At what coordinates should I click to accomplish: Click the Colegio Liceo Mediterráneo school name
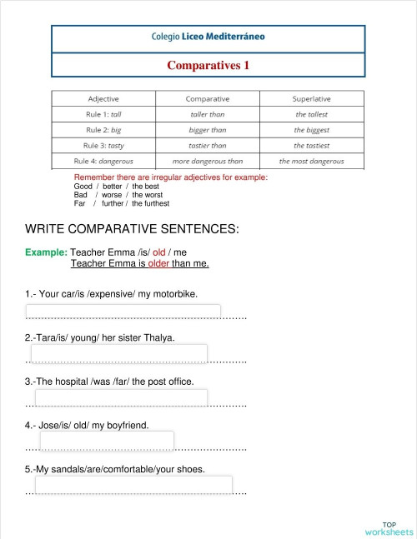208,37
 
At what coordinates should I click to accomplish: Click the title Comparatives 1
208,64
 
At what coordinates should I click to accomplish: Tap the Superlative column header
312,98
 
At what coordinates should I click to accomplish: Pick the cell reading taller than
207,114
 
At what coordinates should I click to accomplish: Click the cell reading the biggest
312,130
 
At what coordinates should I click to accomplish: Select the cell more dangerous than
207,161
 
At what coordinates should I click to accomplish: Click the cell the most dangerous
312,161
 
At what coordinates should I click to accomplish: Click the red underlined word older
158,264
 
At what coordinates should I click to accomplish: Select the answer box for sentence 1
126,312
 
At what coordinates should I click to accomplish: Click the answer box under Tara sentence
119,355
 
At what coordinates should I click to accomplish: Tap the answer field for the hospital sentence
121,398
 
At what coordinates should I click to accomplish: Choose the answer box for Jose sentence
107,441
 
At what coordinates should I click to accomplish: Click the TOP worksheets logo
389,528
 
